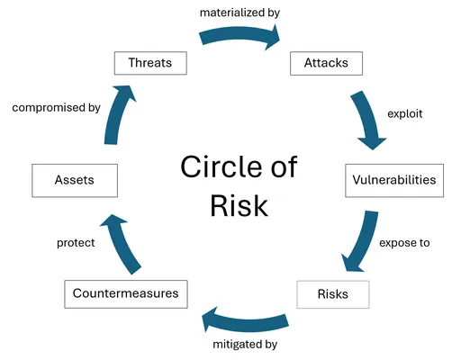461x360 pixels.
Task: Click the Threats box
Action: (150, 63)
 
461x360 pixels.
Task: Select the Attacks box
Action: (326, 63)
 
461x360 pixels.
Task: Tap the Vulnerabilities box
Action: (394, 180)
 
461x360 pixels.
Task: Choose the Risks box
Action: (333, 294)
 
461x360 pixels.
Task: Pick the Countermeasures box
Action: (126, 294)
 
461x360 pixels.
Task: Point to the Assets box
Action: (75, 180)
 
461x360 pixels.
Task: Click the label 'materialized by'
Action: (240, 13)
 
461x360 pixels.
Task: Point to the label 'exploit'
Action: (405, 114)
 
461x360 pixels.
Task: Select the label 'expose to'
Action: (404, 243)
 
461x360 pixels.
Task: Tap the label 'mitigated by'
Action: (245, 345)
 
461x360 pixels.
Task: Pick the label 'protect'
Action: (76, 243)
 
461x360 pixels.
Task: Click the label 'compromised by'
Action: (56, 108)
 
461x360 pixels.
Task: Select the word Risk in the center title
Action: (240, 206)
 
